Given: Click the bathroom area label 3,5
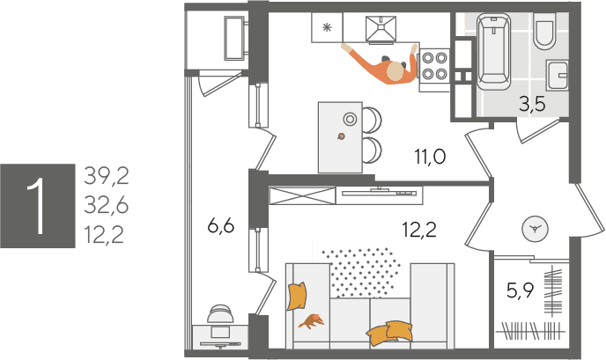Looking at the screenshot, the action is [532, 104].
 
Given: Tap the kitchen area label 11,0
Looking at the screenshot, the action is [430, 157].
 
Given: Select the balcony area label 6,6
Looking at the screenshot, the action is [221, 226].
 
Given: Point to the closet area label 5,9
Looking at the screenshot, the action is [521, 290].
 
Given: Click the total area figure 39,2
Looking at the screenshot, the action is [107, 176].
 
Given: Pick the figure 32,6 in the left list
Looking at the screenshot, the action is [107, 205].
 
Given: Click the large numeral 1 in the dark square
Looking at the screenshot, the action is [38, 205].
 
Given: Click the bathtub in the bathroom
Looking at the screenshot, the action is [493, 51].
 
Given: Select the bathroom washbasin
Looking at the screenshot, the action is [557, 76].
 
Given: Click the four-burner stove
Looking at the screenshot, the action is [434, 66].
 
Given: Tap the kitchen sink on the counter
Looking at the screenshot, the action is [381, 28].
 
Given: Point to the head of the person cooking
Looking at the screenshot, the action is [395, 72].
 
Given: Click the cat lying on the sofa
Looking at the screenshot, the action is [312, 321].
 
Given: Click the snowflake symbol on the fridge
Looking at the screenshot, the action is [327, 27].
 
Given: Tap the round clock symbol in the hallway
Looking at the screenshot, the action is [536, 229].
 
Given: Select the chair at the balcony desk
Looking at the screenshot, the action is [221, 313].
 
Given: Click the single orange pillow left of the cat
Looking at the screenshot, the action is [297, 296].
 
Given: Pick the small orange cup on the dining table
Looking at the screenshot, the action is [341, 136].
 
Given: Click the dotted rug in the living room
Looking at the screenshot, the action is [360, 272].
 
